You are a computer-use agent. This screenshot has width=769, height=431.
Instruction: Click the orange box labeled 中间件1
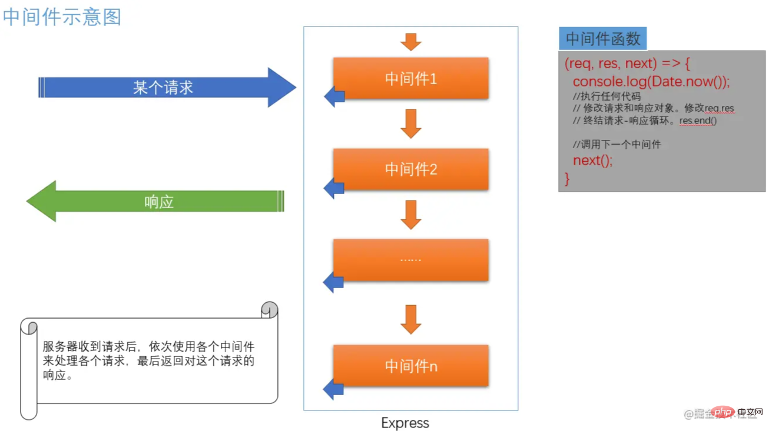410,78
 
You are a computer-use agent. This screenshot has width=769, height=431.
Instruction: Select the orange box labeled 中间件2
410,169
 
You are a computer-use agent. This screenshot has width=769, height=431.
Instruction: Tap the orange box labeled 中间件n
410,366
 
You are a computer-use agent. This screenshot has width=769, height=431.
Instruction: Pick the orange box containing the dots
410,259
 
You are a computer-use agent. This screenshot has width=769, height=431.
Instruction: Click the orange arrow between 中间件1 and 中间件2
410,123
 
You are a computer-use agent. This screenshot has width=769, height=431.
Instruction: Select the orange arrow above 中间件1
410,42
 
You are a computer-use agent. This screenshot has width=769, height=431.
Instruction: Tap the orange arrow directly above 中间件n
410,319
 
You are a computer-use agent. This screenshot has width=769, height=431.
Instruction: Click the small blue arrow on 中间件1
334,96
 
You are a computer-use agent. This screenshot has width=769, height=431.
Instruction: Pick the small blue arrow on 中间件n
334,389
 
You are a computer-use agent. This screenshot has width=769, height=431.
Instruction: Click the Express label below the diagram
405,423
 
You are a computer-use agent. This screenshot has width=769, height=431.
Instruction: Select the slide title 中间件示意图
62,16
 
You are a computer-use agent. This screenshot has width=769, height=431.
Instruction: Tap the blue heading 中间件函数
603,39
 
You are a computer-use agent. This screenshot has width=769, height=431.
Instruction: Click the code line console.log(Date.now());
651,81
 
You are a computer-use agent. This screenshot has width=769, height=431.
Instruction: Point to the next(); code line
592,160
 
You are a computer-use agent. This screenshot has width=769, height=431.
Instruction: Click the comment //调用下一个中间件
616,144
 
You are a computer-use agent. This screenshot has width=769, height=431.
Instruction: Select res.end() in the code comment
698,121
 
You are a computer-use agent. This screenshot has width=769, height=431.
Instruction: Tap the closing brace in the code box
568,178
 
